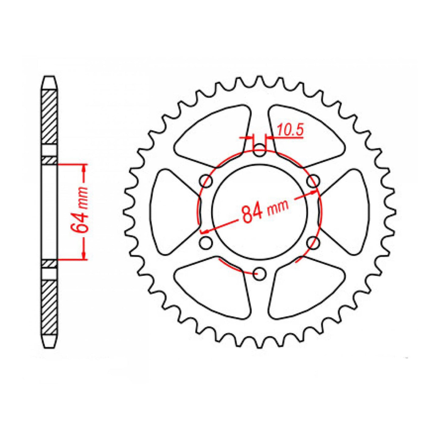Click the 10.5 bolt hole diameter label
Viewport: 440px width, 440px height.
tap(290, 131)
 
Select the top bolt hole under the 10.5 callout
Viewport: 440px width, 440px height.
tap(259, 151)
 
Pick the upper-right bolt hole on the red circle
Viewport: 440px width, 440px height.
tap(313, 182)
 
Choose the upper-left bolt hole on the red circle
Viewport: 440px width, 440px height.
tap(206, 182)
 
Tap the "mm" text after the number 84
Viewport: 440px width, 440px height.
tap(277, 208)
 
